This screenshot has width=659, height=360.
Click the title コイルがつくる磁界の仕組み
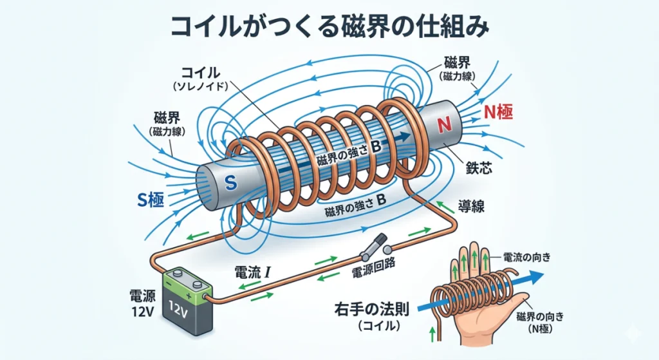coord(329,27)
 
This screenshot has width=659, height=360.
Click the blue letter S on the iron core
coord(232,184)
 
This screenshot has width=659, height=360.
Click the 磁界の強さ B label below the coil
coord(356,209)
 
